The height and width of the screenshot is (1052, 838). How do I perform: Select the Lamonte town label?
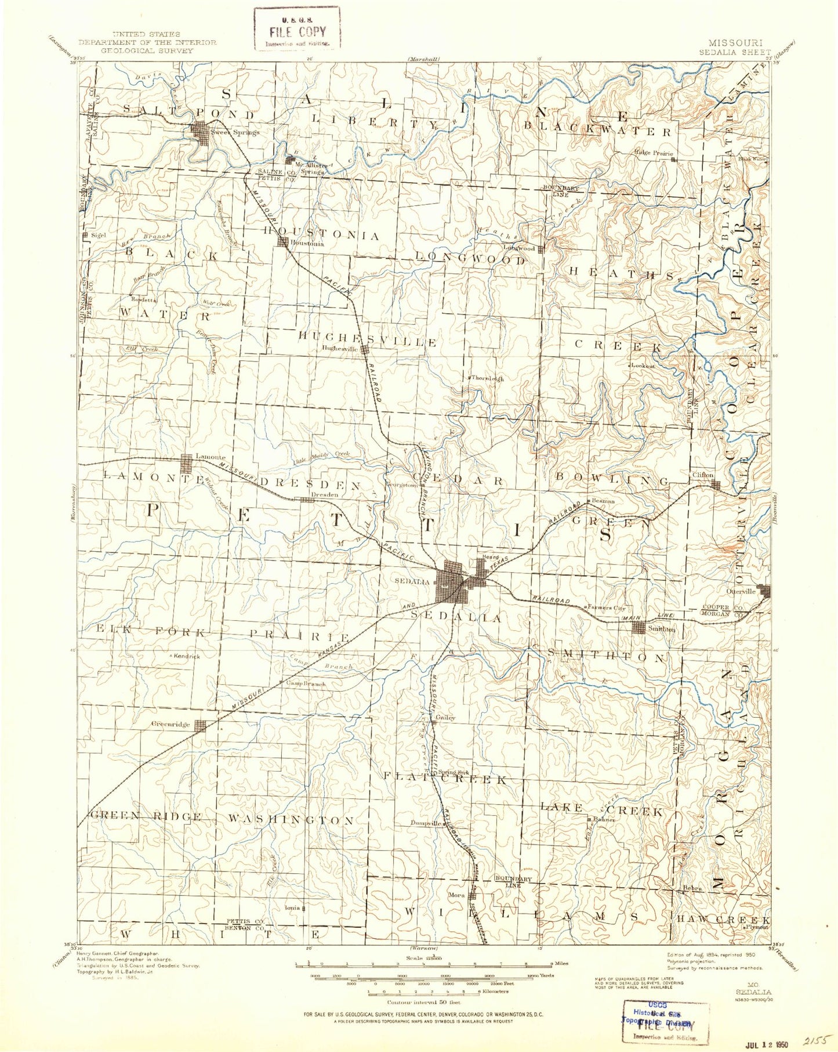point(210,457)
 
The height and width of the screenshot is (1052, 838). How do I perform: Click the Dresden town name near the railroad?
point(324,494)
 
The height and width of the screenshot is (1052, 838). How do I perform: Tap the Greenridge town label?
point(170,724)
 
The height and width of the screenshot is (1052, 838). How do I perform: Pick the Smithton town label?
point(662,628)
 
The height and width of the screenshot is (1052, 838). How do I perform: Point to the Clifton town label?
point(703,475)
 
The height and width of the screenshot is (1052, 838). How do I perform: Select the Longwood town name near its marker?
point(518,248)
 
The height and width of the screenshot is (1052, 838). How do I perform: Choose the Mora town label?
point(458,895)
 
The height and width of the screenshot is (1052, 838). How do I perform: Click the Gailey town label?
point(445,717)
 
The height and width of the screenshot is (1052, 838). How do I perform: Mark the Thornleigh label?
point(487,378)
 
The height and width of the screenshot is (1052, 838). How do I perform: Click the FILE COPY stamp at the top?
point(297,31)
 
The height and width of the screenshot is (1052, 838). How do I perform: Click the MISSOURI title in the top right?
point(735,42)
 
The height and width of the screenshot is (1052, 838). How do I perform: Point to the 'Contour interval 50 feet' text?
point(424,1002)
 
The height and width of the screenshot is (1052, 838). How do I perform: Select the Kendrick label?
point(187,656)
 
